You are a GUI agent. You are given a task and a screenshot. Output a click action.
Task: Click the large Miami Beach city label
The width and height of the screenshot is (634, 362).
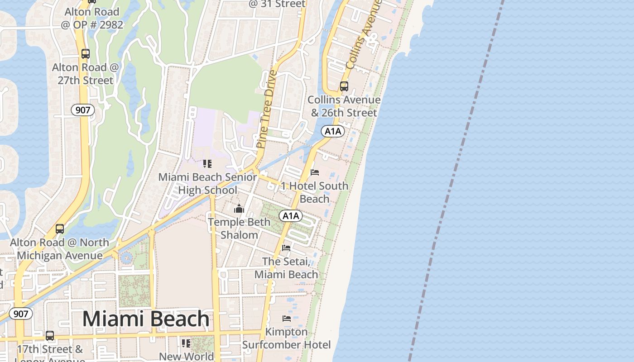point(146,319)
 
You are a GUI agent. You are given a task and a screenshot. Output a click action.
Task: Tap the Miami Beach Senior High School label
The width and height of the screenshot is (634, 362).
point(207,183)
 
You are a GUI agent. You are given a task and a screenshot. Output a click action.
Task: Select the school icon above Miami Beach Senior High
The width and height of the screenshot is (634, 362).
point(207,164)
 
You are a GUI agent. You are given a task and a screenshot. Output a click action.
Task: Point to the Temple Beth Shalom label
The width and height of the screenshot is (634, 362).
point(239,229)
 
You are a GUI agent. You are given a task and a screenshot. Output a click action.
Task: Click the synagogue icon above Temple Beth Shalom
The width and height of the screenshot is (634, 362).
point(239,209)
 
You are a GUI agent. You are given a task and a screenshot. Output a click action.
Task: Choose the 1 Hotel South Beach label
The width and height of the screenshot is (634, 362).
point(314,192)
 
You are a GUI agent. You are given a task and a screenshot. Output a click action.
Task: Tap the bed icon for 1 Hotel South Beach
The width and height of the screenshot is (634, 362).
point(315,172)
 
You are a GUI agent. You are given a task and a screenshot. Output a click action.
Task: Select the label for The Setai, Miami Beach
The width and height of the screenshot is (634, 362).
point(286,268)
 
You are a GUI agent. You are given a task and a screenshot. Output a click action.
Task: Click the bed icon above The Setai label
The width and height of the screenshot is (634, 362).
point(286,248)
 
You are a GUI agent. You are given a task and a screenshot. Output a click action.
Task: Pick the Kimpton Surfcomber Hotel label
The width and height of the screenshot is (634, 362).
point(286,338)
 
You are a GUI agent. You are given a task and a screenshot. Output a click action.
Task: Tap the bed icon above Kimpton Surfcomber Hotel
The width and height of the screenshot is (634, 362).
point(287,319)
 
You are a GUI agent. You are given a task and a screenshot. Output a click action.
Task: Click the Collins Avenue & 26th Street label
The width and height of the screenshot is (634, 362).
point(344,106)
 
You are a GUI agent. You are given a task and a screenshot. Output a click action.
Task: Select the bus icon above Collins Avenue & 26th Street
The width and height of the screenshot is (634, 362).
point(344,86)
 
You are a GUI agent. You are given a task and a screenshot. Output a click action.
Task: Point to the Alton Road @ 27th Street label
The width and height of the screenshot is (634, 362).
point(85,74)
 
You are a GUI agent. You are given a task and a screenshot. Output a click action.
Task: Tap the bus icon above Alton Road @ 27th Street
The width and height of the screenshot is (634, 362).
point(85,54)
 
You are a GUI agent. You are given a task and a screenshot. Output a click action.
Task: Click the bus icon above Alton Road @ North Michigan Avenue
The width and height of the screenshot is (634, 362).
point(60,229)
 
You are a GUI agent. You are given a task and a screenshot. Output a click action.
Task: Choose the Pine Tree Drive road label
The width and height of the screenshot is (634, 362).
point(267,109)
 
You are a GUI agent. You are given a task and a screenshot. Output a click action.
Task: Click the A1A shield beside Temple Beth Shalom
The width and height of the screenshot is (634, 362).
point(290,216)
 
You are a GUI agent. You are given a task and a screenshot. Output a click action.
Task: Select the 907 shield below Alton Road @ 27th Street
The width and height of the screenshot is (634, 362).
point(82,110)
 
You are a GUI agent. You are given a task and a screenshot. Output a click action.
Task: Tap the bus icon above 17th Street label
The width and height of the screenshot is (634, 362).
point(50,336)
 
